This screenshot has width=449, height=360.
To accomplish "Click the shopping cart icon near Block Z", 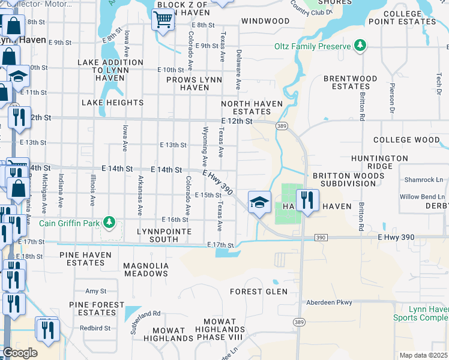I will [x=163, y=19].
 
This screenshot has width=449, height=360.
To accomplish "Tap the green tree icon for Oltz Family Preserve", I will [x=360, y=46].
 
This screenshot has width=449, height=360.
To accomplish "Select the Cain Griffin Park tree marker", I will [x=109, y=223].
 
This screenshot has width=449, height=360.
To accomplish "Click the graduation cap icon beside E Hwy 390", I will [x=259, y=202].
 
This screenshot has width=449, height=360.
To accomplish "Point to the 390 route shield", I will [x=321, y=238].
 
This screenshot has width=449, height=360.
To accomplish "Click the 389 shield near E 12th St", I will [x=281, y=126].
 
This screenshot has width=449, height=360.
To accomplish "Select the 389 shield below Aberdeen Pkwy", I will [x=298, y=322].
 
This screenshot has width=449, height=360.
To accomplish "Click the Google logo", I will [x=20, y=353].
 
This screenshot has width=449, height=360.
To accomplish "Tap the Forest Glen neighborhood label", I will [x=259, y=292].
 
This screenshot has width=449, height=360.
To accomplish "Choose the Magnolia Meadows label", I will [x=145, y=269].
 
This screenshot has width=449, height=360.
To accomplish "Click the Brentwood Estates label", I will [x=350, y=82].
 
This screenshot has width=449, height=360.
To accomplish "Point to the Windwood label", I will [x=265, y=21].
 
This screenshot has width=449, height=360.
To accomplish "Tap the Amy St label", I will [x=96, y=291].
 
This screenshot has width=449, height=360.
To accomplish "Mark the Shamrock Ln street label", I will [x=423, y=180].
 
